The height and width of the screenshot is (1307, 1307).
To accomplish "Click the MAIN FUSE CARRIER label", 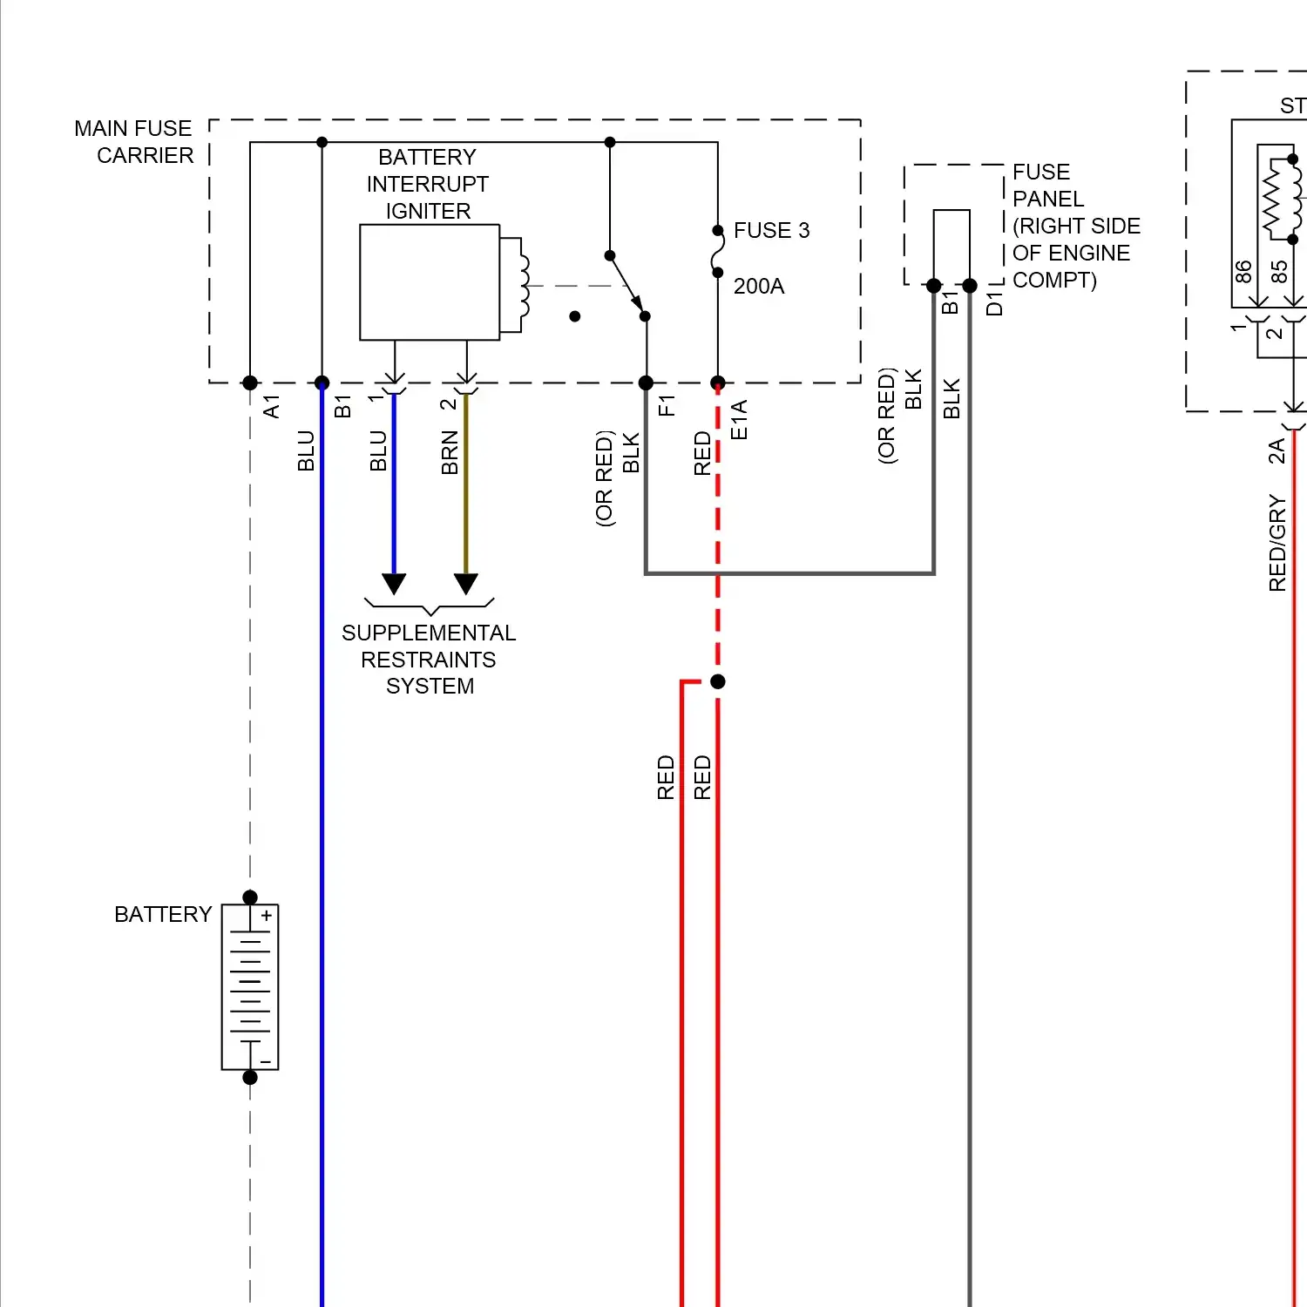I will click(x=134, y=142).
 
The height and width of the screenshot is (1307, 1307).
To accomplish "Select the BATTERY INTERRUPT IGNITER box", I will click(x=430, y=282).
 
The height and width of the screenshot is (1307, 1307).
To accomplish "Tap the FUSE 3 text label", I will click(x=771, y=230).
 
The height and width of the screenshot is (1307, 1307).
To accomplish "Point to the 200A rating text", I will click(x=759, y=286).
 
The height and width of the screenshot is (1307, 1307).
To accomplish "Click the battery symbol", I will click(x=250, y=987).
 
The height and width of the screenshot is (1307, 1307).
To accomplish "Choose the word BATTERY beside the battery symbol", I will click(x=163, y=914).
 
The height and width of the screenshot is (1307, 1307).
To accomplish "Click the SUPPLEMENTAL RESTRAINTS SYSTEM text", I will click(x=429, y=659).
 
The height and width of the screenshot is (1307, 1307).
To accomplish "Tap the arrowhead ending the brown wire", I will click(x=466, y=584).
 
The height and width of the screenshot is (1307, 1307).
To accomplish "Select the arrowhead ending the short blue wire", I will click(x=394, y=584).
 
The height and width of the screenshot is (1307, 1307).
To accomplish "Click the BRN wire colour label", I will click(x=450, y=452).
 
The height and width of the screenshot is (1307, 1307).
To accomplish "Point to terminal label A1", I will click(x=272, y=406).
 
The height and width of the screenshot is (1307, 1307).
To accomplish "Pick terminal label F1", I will click(x=667, y=405).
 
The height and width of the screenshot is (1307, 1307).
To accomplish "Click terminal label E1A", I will click(x=739, y=419).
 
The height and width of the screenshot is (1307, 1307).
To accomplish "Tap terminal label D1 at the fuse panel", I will click(x=994, y=304).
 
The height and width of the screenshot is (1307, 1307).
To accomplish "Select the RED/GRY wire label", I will click(x=1277, y=542).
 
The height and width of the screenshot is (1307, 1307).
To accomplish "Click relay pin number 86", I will click(x=1243, y=272).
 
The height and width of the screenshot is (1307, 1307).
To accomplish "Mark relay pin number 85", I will click(x=1279, y=272).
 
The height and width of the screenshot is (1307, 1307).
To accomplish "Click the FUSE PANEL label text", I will click(x=1075, y=226).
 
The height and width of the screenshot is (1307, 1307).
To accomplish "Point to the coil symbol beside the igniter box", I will click(x=525, y=285).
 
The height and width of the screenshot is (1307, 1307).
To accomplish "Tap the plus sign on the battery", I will click(x=267, y=916).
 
